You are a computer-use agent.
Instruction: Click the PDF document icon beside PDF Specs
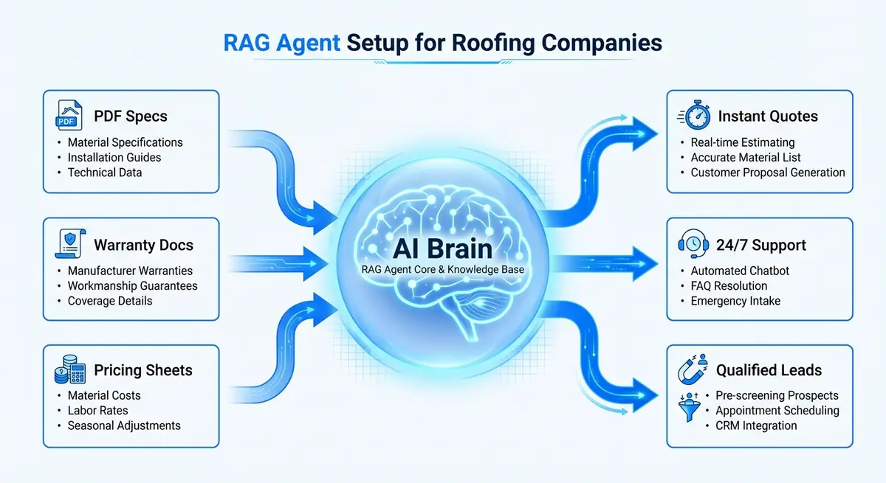pyautogui.click(x=69, y=117)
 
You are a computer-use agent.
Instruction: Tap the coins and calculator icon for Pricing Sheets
pyautogui.click(x=69, y=371)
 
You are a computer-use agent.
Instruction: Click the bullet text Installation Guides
pyautogui.click(x=114, y=157)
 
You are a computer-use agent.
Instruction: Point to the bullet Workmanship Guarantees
pyautogui.click(x=132, y=285)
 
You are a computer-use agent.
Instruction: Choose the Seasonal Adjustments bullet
pyautogui.click(x=123, y=425)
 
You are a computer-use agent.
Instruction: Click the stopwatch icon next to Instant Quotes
pyautogui.click(x=694, y=117)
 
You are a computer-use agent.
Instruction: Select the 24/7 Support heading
pyautogui.click(x=761, y=245)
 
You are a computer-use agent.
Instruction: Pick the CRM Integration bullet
pyautogui.click(x=755, y=425)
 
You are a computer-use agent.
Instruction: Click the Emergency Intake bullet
pyautogui.click(x=735, y=301)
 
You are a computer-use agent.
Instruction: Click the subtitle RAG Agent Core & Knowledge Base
pyautogui.click(x=443, y=270)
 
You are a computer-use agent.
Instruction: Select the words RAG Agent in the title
pyautogui.click(x=282, y=43)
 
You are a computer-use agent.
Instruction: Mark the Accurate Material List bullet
pyautogui.click(x=745, y=157)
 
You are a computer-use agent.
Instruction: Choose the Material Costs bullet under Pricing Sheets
pyautogui.click(x=103, y=395)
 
